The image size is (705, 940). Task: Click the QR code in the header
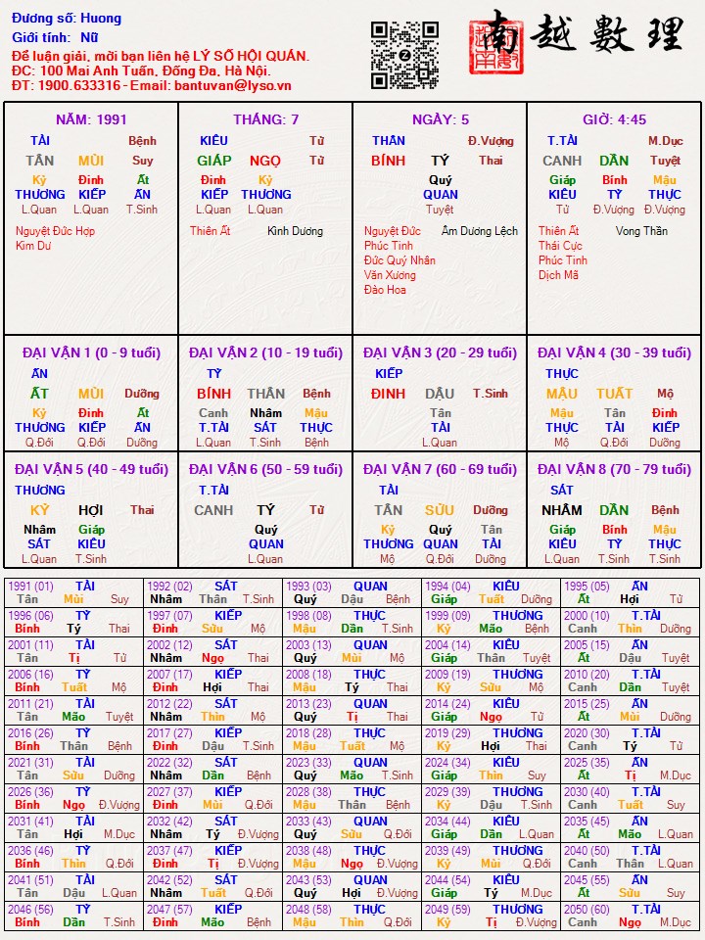(x=404, y=55)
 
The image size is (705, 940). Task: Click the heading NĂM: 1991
(x=91, y=119)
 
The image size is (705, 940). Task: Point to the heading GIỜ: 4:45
(x=614, y=119)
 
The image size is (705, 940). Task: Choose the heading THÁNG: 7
(x=265, y=119)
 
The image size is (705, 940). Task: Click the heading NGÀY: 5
(x=440, y=119)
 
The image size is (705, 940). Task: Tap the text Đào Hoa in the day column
(x=385, y=290)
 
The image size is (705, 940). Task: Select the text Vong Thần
(x=641, y=231)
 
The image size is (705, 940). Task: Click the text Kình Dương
(x=295, y=231)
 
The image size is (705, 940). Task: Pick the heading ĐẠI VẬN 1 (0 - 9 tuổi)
(x=91, y=352)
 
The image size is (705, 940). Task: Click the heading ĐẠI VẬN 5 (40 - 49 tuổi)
(x=91, y=469)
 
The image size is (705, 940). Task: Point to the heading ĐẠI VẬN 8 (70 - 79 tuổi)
(x=614, y=469)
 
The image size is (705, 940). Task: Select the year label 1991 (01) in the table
(x=30, y=587)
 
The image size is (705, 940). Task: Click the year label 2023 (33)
(x=308, y=763)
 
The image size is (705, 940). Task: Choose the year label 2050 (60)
(x=587, y=910)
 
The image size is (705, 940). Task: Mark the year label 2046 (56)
(x=30, y=910)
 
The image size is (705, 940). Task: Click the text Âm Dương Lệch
(x=480, y=231)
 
